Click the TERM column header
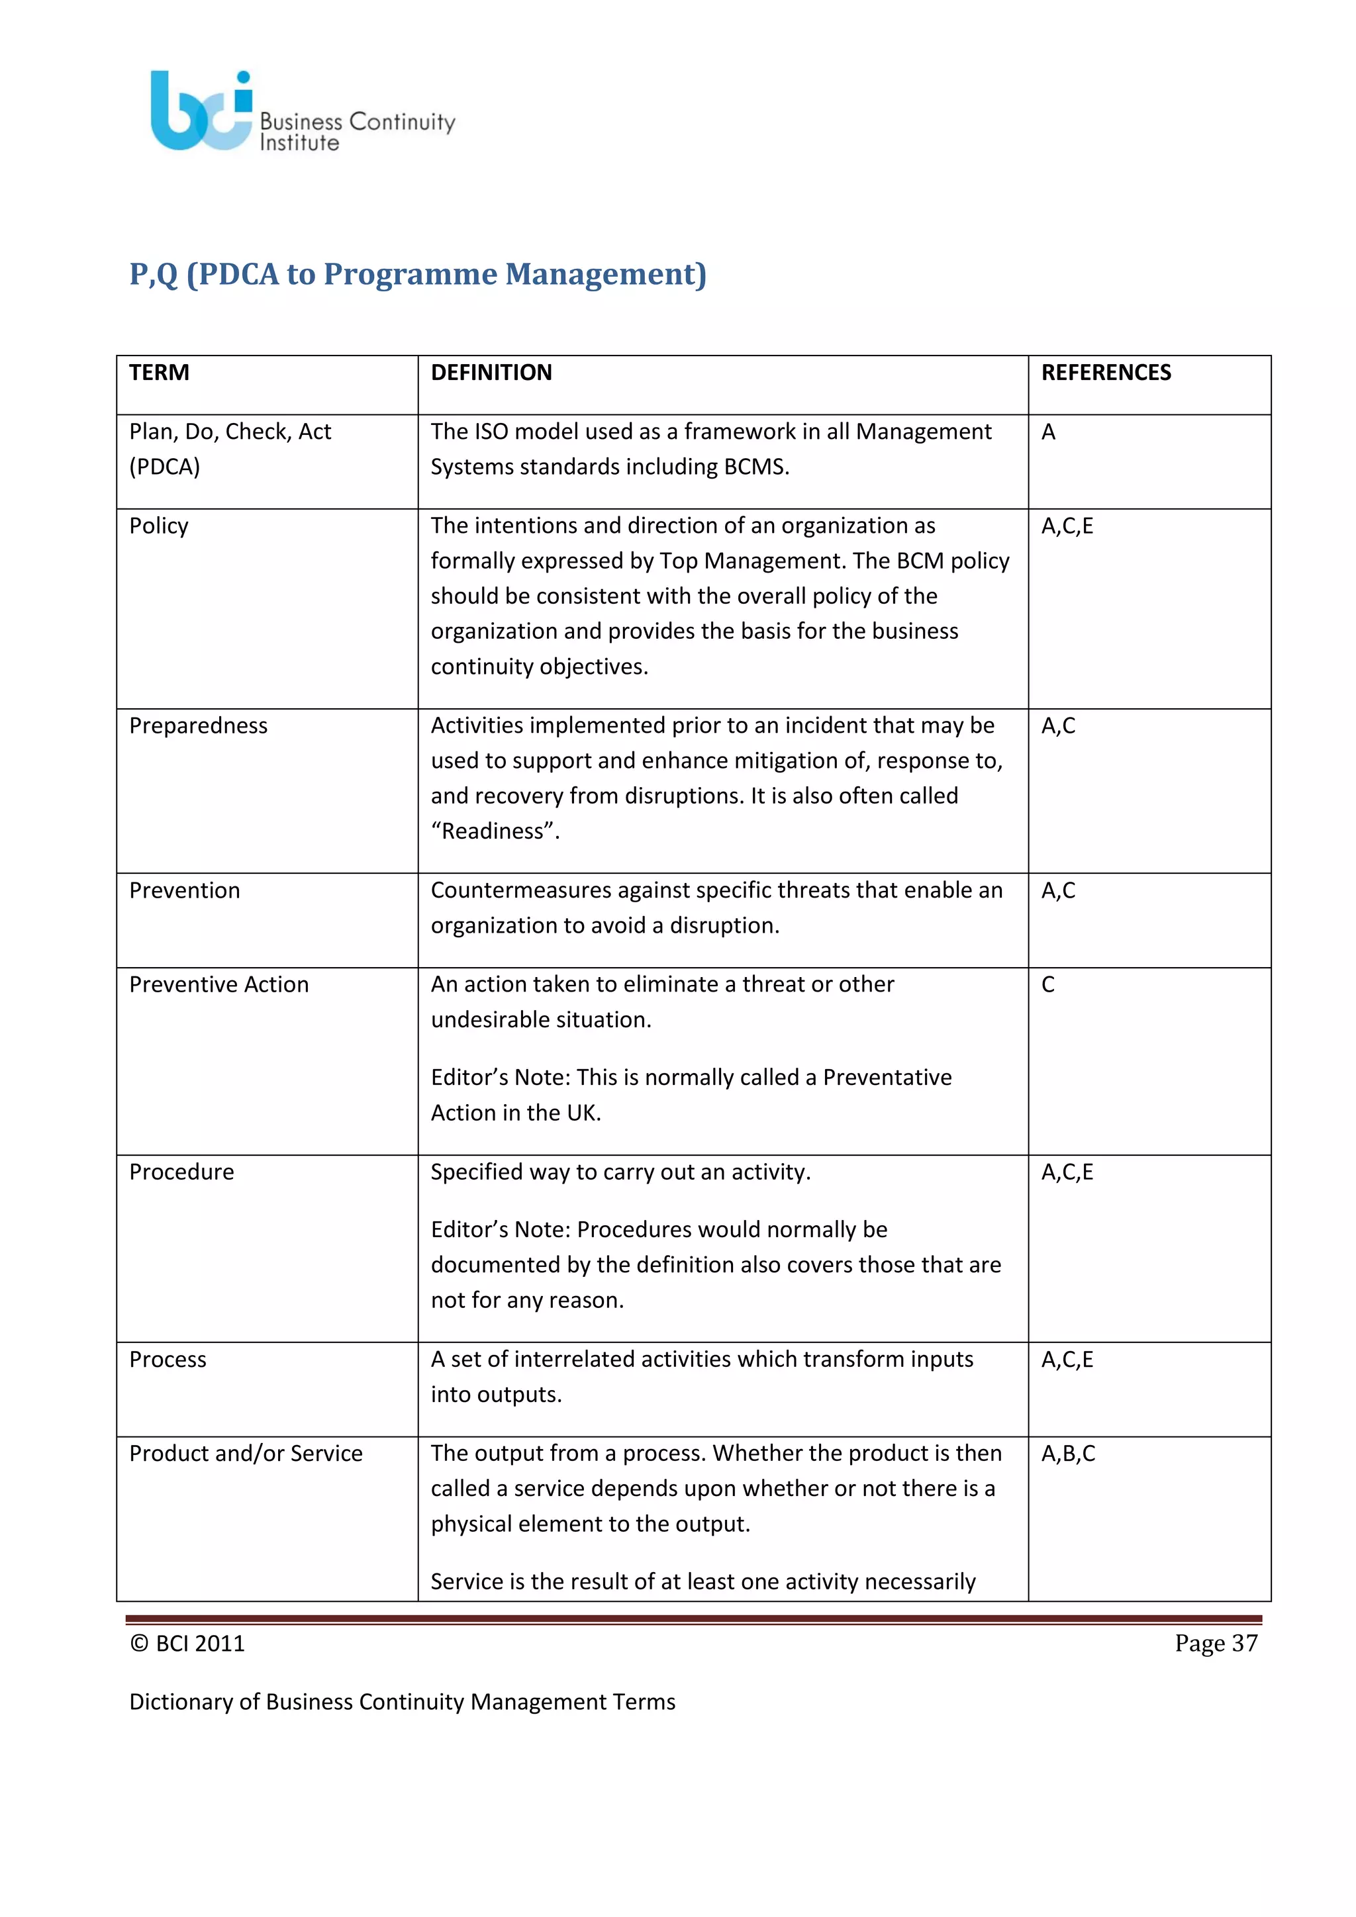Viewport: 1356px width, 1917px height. [x=159, y=373]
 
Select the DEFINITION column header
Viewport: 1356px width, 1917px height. [x=491, y=373]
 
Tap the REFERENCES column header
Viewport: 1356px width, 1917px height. [x=1106, y=373]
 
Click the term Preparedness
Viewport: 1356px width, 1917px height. [x=198, y=725]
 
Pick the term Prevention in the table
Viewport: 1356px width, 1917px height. [x=185, y=890]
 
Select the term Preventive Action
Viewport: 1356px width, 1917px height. [x=218, y=984]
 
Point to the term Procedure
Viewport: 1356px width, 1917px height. [x=181, y=1172]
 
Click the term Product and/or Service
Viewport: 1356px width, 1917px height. [x=246, y=1453]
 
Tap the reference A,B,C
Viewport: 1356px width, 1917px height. [x=1067, y=1454]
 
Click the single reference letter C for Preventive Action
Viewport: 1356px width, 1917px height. [x=1048, y=985]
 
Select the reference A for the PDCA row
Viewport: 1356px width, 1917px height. [x=1048, y=432]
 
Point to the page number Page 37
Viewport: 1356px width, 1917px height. [x=1215, y=1643]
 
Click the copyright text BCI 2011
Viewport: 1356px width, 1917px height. [x=199, y=1643]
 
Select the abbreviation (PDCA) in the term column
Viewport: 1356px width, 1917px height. [x=164, y=466]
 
